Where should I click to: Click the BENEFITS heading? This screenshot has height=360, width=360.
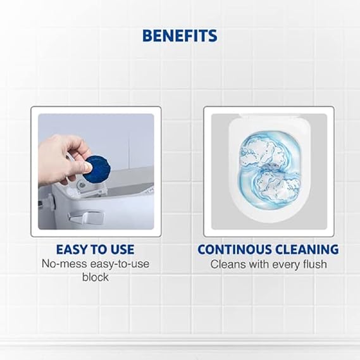click(180, 35)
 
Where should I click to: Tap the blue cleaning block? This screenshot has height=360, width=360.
click(99, 168)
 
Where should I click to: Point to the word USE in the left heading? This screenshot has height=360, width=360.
click(120, 249)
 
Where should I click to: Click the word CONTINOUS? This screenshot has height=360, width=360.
click(235, 249)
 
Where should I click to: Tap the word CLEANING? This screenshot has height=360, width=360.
click(307, 249)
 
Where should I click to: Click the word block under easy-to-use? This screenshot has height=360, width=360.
click(96, 277)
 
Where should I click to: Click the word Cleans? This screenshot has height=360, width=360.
click(227, 264)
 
